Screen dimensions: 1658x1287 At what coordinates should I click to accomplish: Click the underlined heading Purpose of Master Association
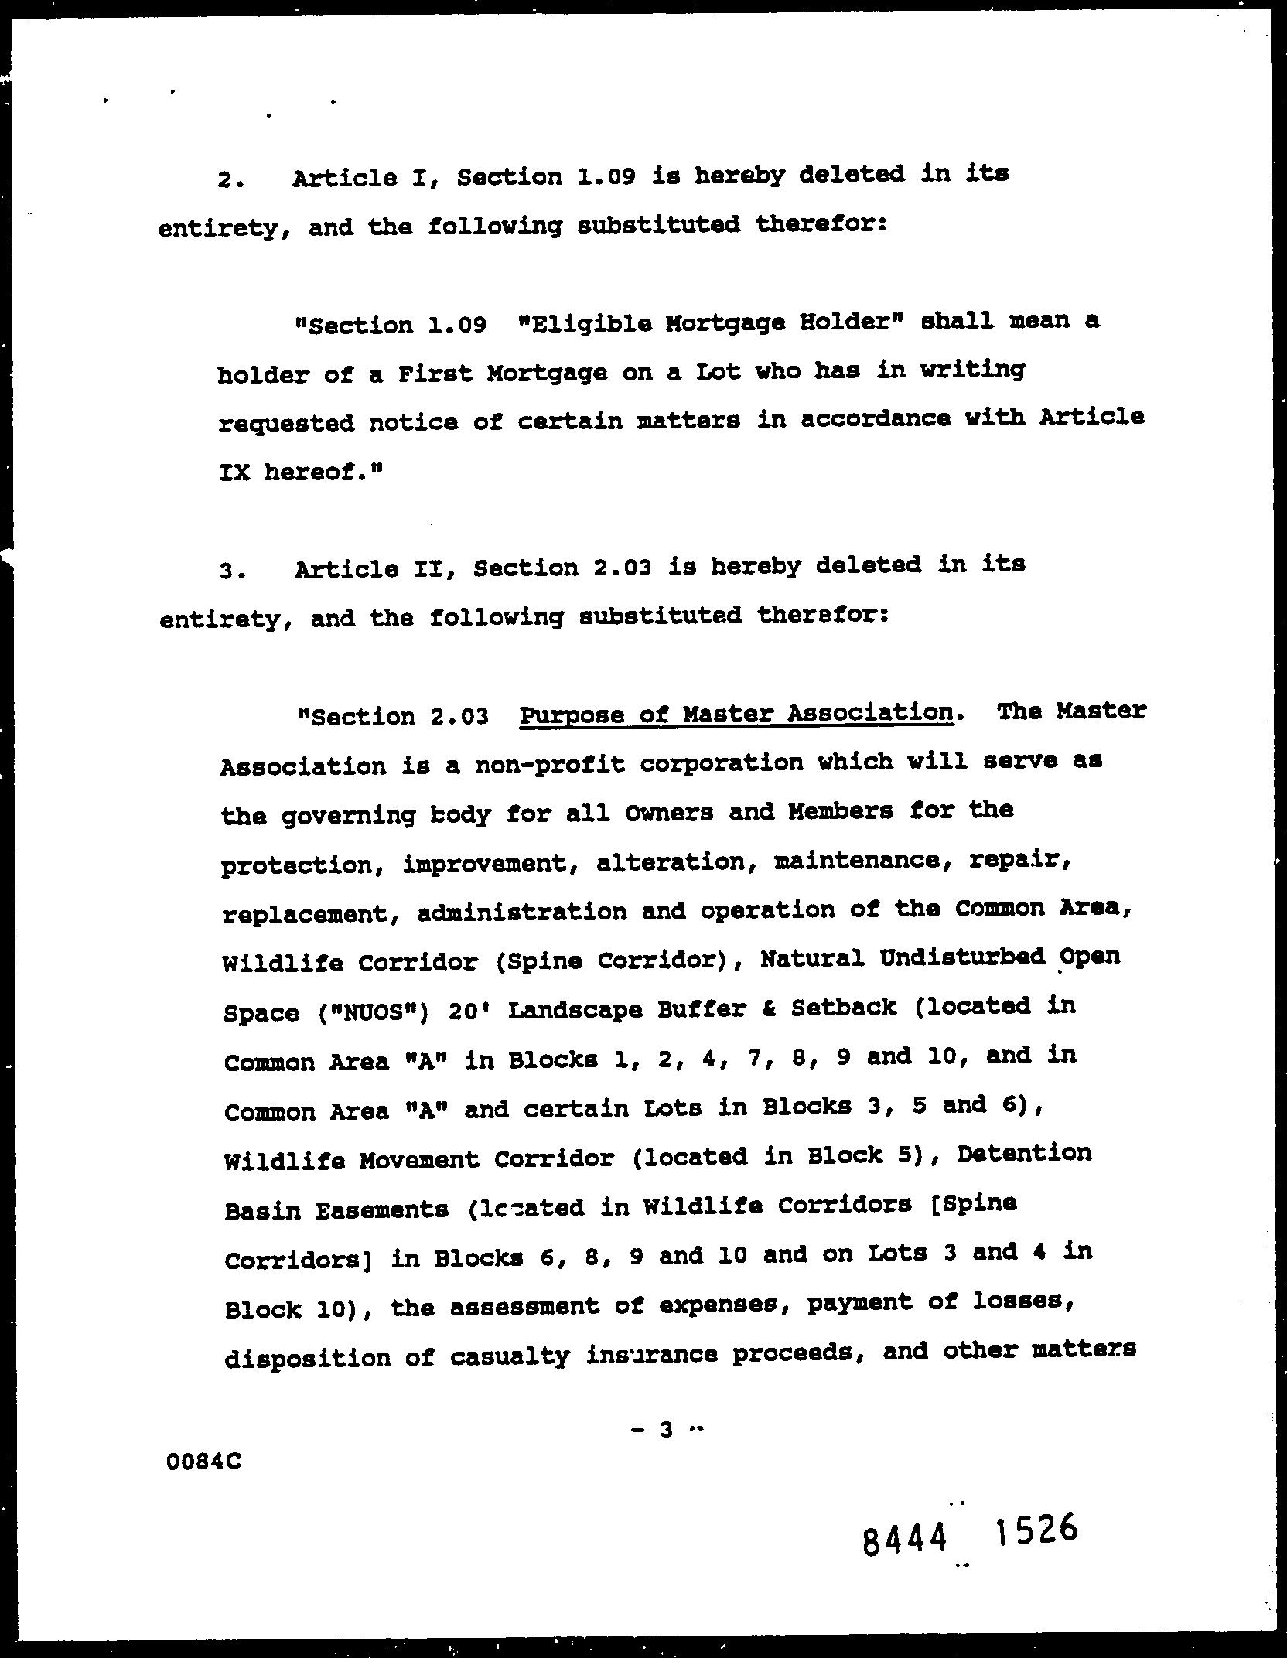coord(736,713)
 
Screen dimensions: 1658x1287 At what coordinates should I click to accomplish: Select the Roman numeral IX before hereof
coord(234,472)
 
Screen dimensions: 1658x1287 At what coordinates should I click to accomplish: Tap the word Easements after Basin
coord(381,1209)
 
